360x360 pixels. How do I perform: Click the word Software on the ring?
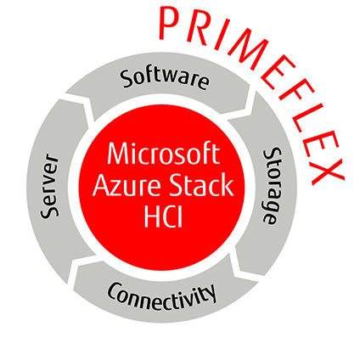tap(165, 78)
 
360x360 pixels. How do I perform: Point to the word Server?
tap(50, 186)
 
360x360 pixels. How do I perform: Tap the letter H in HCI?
tap(152, 217)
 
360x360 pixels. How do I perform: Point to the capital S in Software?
tap(127, 79)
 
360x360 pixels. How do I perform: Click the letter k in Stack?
tap(228, 184)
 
